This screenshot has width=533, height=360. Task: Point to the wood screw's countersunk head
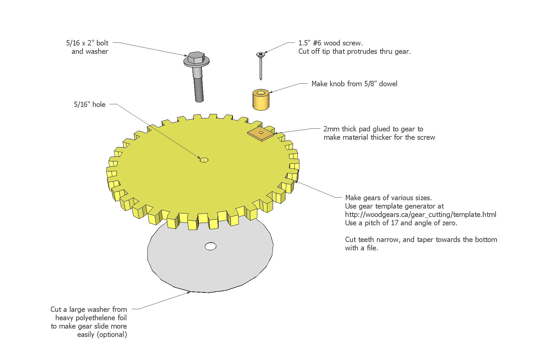tap(260, 54)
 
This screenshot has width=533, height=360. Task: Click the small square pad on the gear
tap(261, 133)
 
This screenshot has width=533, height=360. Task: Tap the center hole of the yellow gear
tap(204, 160)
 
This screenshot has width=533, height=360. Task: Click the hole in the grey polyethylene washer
tap(211, 246)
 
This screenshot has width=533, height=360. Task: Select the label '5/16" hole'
tap(90, 105)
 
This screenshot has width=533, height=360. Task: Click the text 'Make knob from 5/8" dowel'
tap(354, 84)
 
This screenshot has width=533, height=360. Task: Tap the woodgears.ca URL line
tap(420, 215)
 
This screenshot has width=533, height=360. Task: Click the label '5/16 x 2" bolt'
tap(87, 43)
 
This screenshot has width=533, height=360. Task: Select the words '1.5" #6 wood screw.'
tap(330, 43)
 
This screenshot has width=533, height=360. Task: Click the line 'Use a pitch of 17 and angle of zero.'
tap(401, 223)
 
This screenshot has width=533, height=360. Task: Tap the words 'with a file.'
tap(361, 248)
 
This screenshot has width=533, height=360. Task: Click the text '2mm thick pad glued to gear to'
tap(373, 129)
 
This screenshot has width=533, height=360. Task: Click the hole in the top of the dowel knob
tap(261, 91)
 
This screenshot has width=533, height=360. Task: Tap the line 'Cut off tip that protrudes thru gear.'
tap(354, 51)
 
